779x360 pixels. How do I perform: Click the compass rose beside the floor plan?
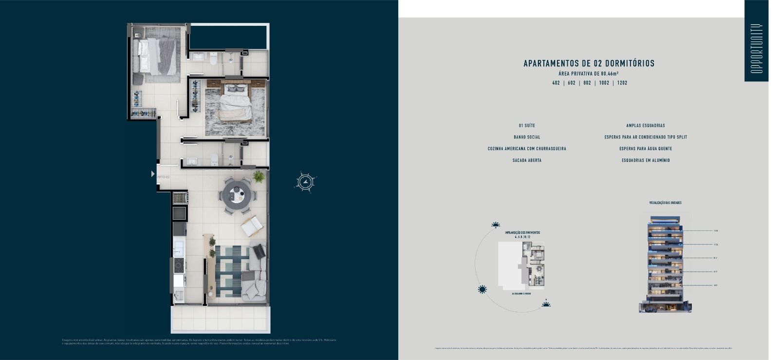point(305,182)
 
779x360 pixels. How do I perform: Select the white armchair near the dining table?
point(252,226)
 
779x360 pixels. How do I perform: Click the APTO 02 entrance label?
point(164,177)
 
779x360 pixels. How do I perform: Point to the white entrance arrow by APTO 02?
point(153,174)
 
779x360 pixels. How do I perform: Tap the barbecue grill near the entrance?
point(180,198)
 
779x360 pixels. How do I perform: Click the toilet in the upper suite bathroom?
point(213,58)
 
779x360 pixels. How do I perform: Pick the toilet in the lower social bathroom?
point(214,159)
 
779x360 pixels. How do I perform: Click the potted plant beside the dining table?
point(259,176)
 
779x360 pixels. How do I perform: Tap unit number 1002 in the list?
point(604,83)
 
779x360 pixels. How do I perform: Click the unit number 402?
point(556,83)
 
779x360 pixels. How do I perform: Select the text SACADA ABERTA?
point(527,160)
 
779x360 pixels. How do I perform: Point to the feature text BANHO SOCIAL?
point(527,137)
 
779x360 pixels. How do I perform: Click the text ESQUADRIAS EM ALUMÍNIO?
point(646,160)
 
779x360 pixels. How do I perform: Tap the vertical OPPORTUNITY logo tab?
point(756,48)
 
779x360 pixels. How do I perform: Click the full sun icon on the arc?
point(482,289)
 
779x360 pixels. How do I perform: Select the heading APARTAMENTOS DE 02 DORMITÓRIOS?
point(589,63)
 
